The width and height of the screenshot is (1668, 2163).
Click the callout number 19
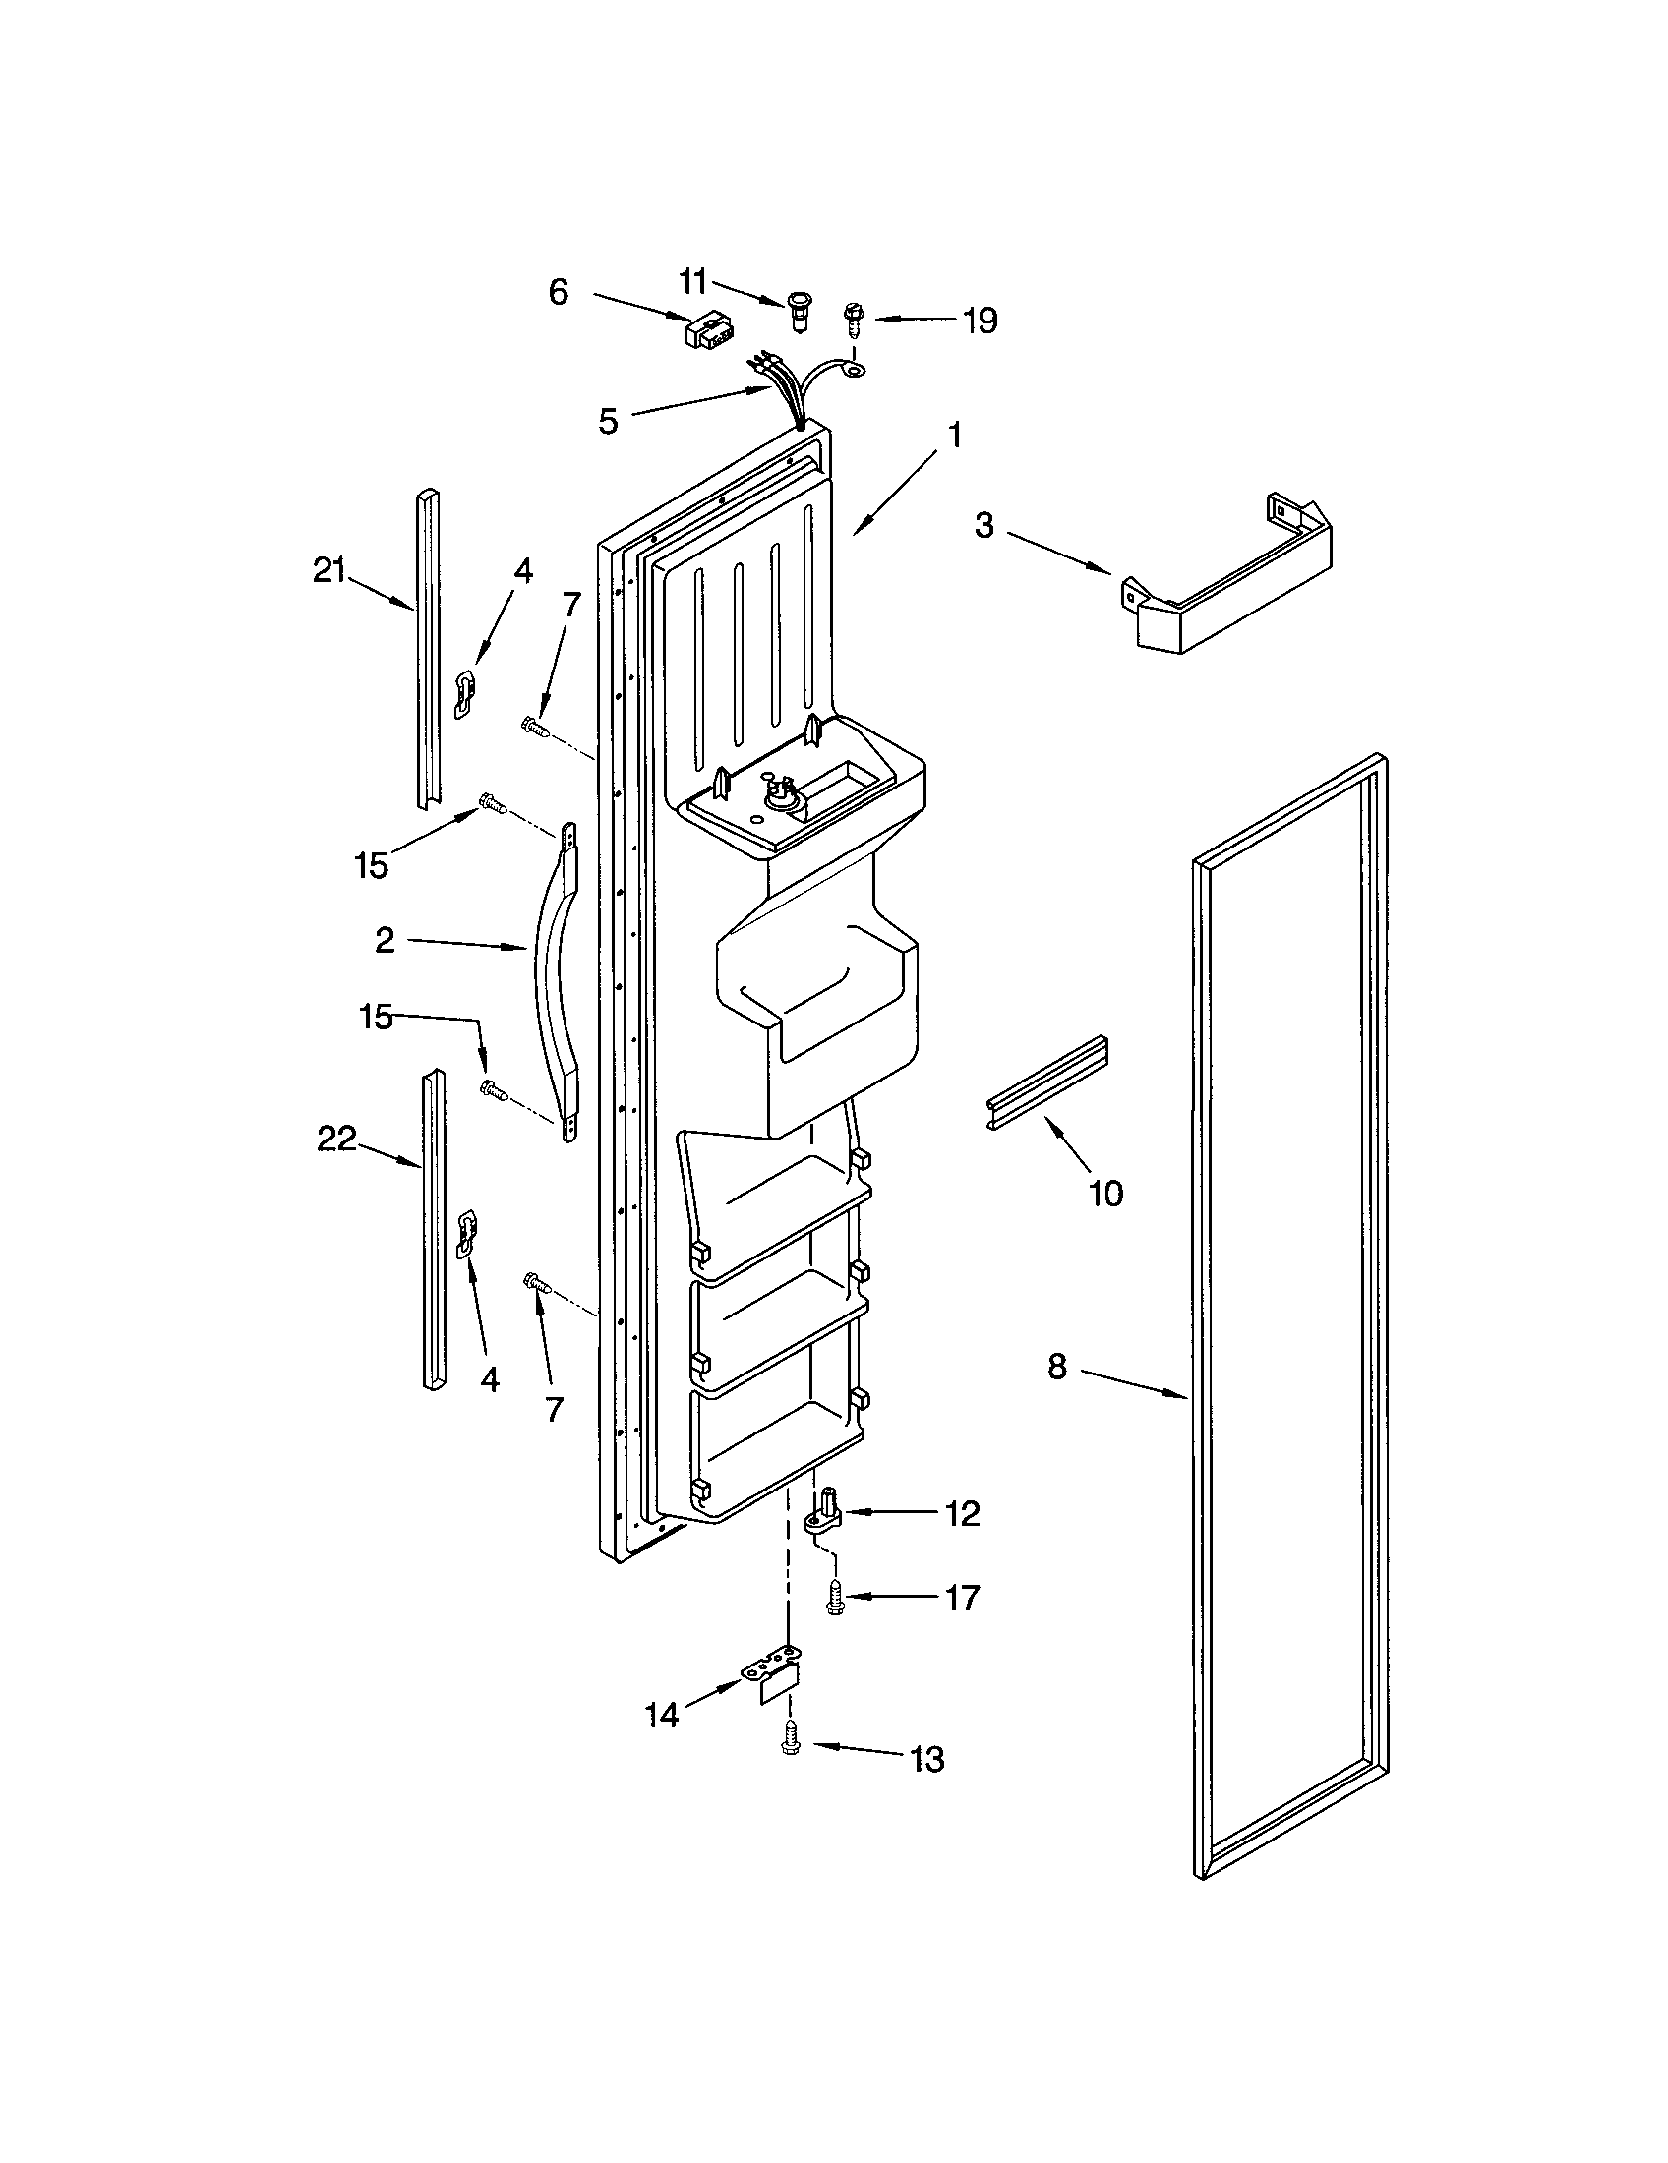980,321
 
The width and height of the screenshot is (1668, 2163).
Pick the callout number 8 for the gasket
1057,1368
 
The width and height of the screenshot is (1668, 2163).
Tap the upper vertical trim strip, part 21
428,649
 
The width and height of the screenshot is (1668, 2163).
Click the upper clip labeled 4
463,691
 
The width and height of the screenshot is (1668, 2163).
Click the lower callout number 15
376,1017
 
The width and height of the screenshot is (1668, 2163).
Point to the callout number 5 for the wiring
608,421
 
